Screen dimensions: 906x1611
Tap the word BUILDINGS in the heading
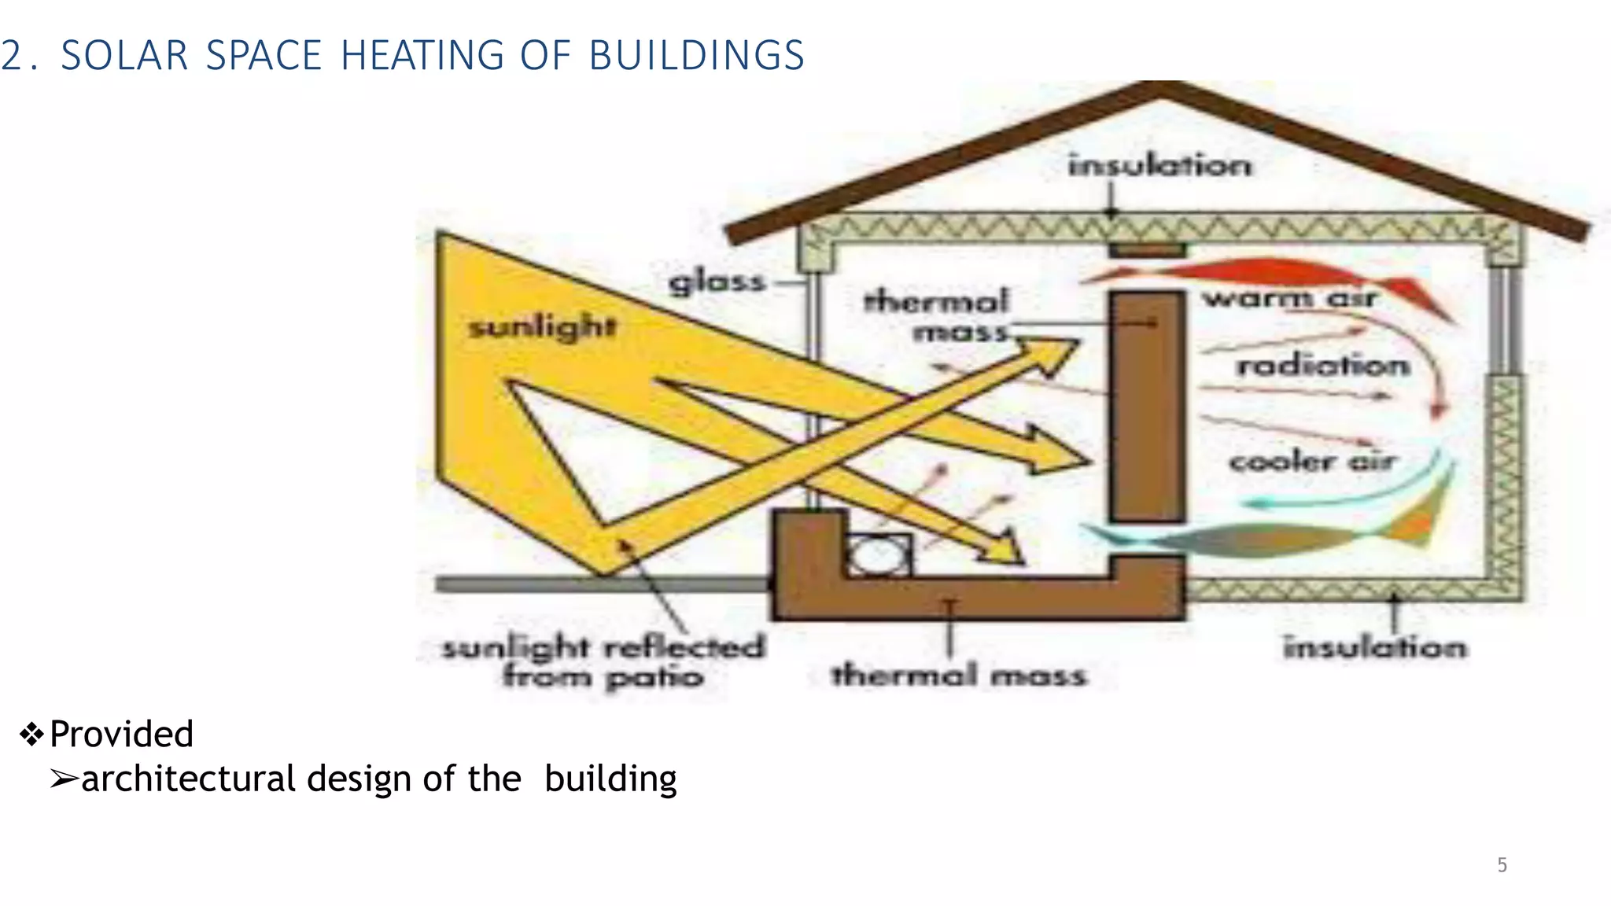pos(696,56)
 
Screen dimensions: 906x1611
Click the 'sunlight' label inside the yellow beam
pos(542,326)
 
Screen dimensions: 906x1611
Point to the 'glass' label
pos(717,282)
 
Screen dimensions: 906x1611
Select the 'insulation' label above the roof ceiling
pos(1159,165)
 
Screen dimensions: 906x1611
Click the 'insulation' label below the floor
pos(1375,647)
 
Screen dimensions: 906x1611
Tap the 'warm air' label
pos(1288,298)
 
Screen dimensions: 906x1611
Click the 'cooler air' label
pos(1312,461)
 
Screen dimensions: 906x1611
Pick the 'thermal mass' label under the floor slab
pos(959,675)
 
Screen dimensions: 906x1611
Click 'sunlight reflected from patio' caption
pos(603,661)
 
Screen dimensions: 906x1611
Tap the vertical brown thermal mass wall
pos(1147,409)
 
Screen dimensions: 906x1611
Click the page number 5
pos(1502,865)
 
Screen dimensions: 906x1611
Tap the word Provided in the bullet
pos(121,734)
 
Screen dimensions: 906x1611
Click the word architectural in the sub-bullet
pos(188,779)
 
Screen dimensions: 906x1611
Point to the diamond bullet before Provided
pos(31,735)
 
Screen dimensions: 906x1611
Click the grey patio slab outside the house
pos(598,584)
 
